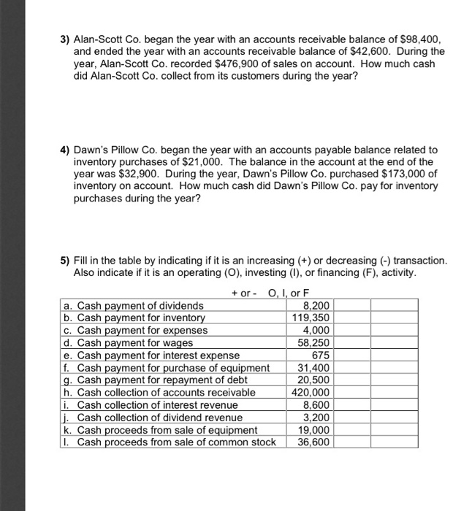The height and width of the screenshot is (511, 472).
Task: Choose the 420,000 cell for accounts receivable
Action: pyautogui.click(x=312, y=392)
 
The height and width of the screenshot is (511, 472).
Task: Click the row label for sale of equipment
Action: pyautogui.click(x=167, y=429)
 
